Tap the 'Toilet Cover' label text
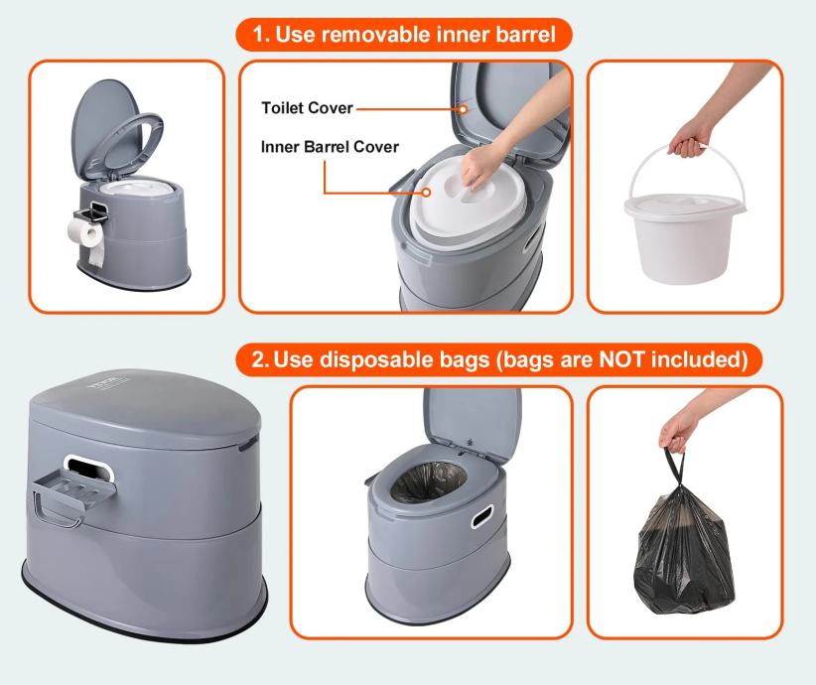(x=307, y=108)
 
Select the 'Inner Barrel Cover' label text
(x=330, y=147)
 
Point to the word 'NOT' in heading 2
(x=623, y=359)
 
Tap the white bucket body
(x=685, y=244)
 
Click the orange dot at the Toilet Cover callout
(x=463, y=109)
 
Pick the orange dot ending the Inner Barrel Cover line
(x=426, y=192)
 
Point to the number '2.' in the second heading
(x=260, y=359)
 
